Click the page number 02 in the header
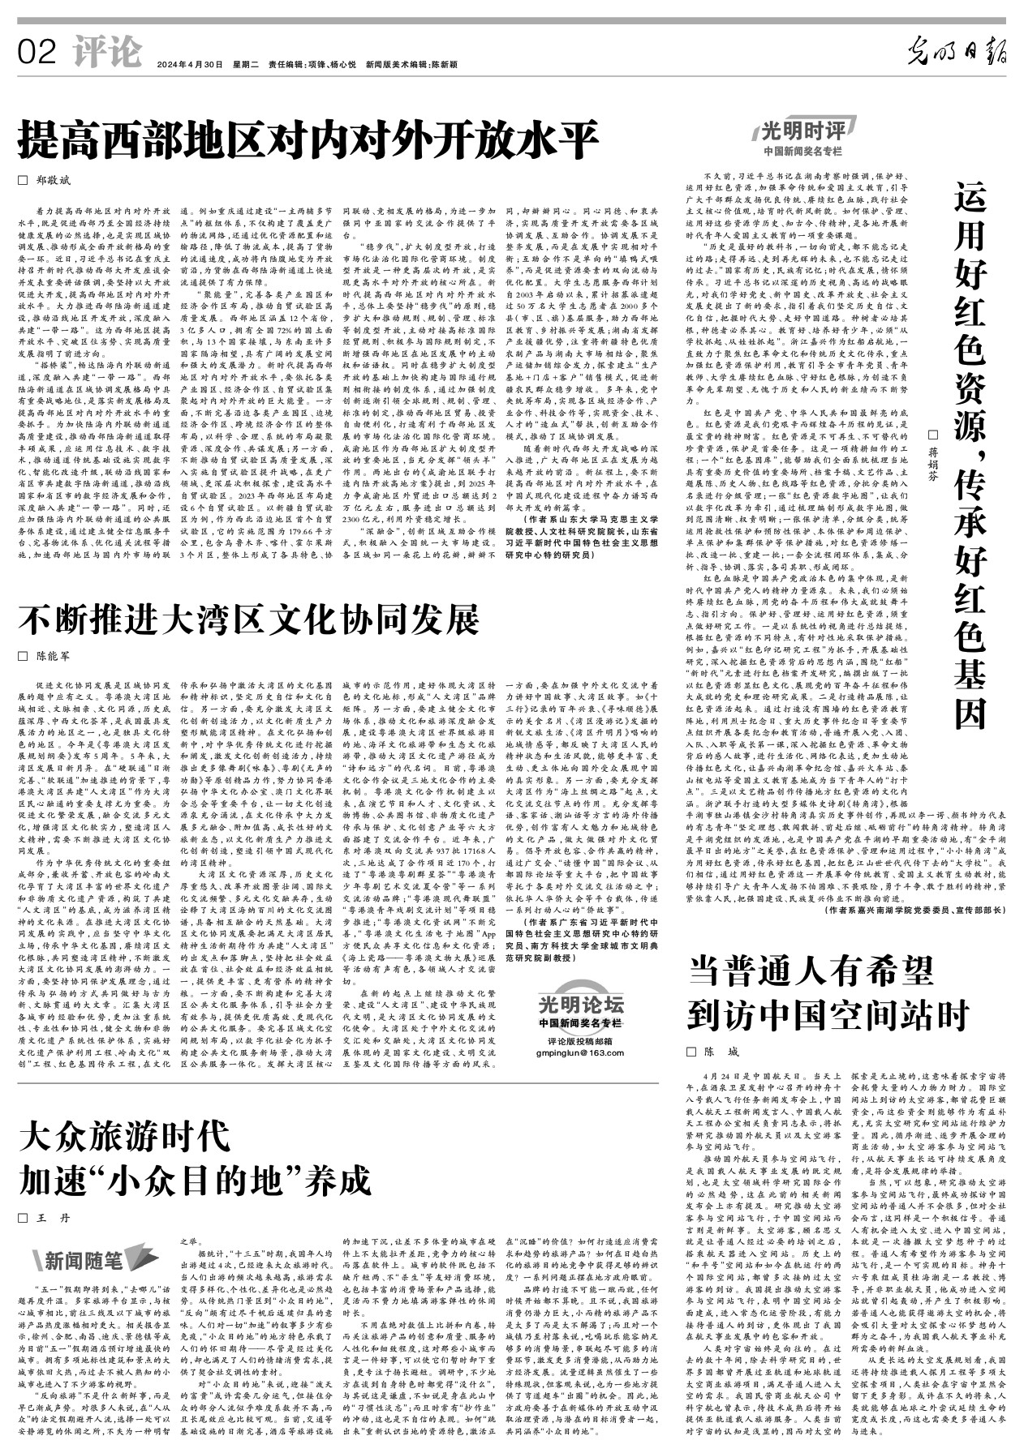[x=37, y=54]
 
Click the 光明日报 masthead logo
[x=957, y=54]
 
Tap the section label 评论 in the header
[x=106, y=54]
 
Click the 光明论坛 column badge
[x=580, y=1005]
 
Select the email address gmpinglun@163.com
[x=580, y=1052]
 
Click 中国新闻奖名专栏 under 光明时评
[x=802, y=152]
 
